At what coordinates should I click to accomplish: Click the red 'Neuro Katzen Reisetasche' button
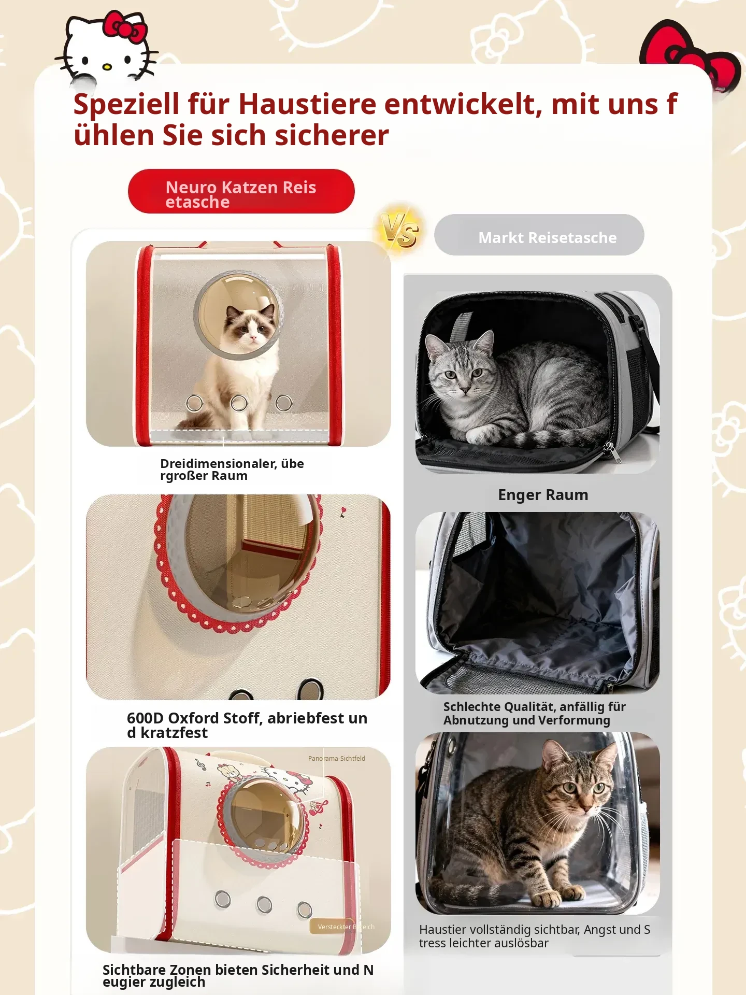tap(241, 191)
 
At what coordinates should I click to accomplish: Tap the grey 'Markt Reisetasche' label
tap(539, 235)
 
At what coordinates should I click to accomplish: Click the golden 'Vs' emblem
tap(399, 230)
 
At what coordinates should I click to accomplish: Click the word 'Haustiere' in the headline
tap(307, 104)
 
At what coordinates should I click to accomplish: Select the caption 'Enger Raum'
tap(543, 495)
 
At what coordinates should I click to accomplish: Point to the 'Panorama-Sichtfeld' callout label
tap(337, 758)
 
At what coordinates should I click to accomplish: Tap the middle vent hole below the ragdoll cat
tap(239, 403)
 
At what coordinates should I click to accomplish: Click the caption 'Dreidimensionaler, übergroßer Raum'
tap(232, 470)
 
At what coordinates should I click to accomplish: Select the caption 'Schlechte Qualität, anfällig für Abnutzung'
tap(535, 714)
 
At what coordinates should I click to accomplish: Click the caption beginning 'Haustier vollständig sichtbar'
tap(535, 936)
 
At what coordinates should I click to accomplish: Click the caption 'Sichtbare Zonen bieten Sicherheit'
tap(238, 976)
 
